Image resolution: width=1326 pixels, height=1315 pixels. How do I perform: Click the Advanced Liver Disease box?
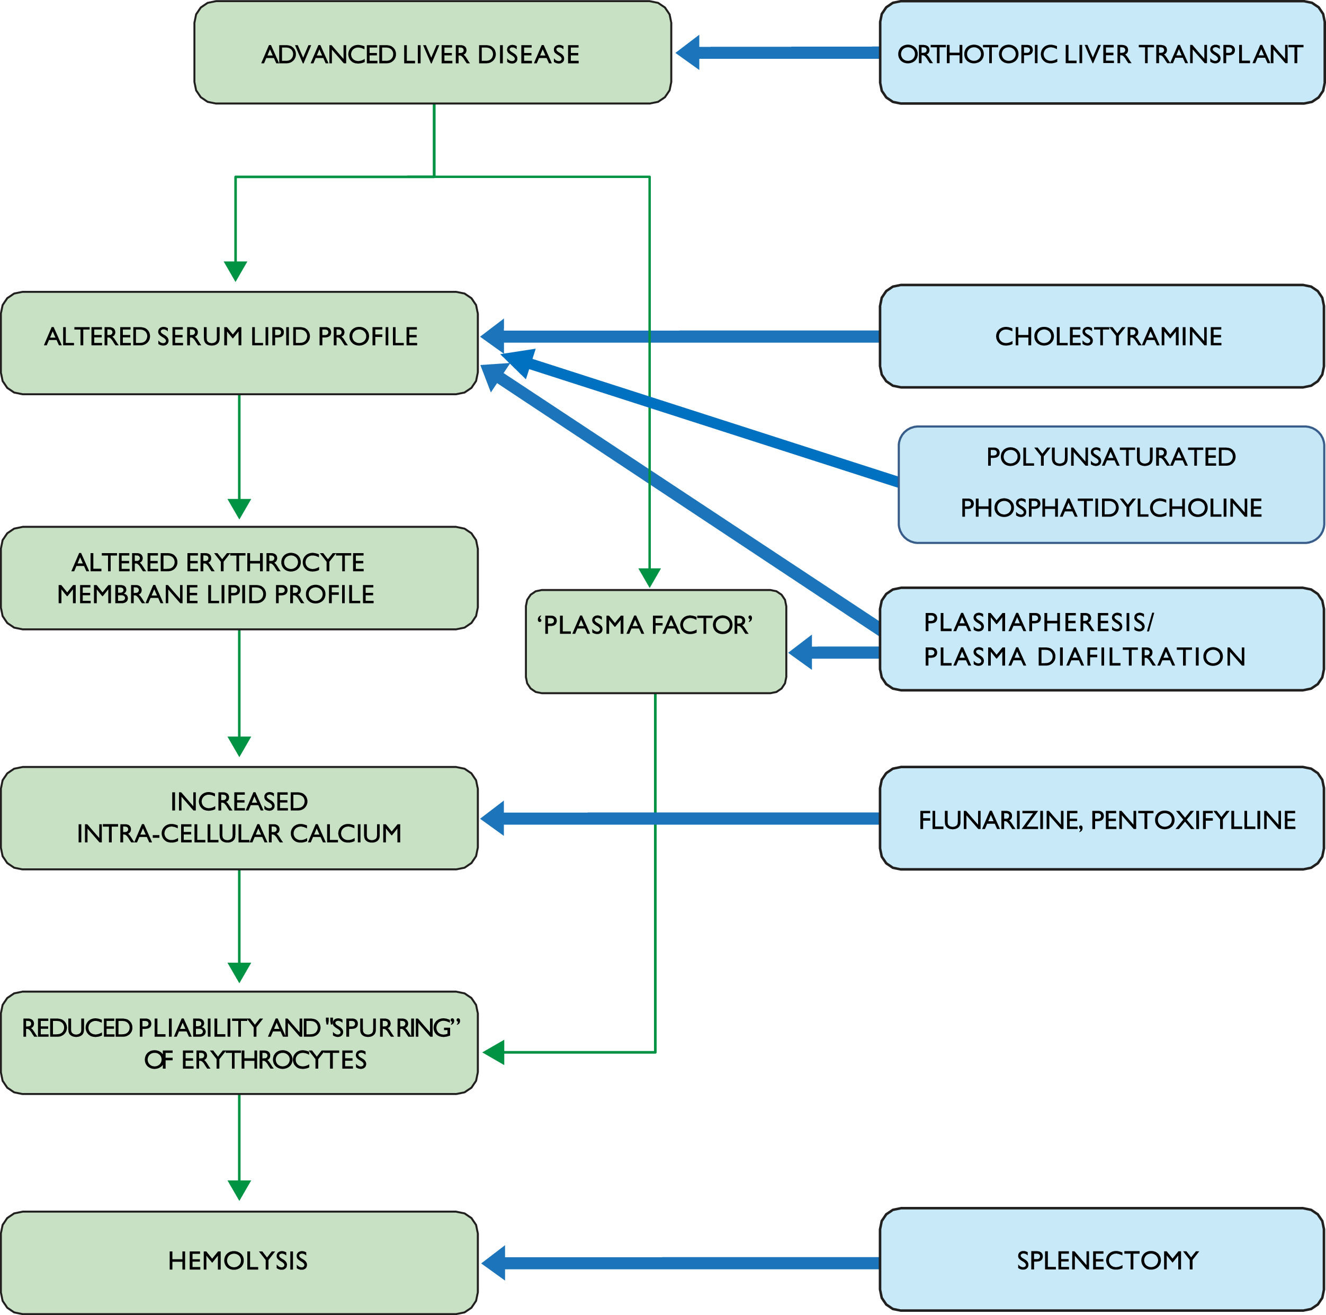(x=433, y=53)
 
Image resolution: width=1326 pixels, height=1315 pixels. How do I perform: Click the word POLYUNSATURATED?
(x=1110, y=457)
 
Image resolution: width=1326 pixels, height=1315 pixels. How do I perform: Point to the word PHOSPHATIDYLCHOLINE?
(x=1110, y=508)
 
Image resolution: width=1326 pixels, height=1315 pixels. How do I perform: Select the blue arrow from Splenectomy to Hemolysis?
(x=679, y=1263)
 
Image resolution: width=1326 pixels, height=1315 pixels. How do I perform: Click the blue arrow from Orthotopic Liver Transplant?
(x=776, y=53)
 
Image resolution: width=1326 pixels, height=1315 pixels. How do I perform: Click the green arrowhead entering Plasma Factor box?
(x=649, y=577)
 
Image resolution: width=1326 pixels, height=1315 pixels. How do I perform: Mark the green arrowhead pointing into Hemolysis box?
(x=239, y=1190)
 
